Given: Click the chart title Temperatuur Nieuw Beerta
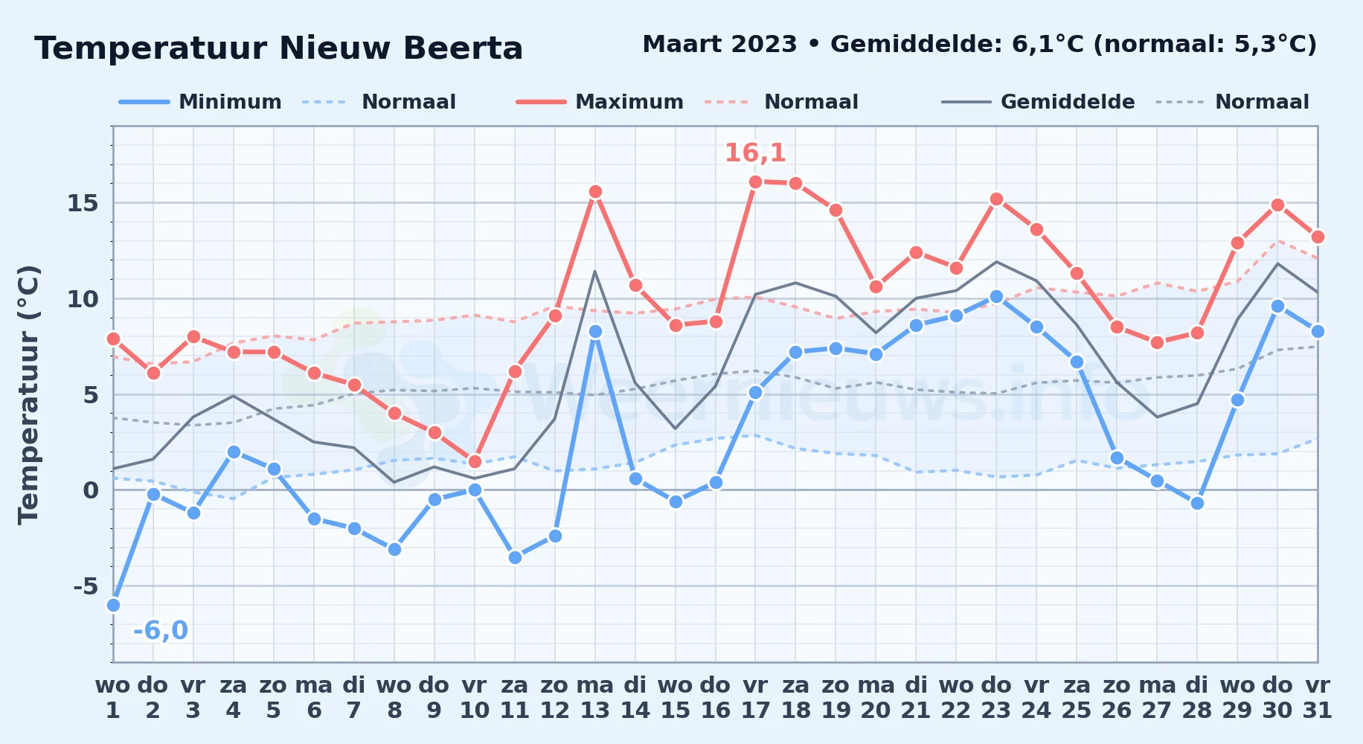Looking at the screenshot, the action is (279, 48).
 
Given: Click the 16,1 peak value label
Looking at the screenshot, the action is (755, 153).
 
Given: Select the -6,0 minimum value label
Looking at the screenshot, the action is (161, 630).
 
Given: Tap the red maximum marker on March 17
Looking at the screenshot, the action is (755, 182).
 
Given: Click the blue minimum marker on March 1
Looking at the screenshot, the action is (113, 605).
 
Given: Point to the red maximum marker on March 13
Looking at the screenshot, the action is (595, 191).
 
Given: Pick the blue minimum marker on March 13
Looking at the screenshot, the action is (595, 331).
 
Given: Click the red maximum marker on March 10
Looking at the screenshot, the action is (475, 461).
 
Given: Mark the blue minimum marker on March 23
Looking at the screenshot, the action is (996, 297).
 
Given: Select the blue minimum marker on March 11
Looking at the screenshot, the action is (515, 557).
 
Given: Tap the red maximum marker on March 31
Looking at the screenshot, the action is (1318, 237).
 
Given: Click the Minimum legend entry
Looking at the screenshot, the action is (201, 102).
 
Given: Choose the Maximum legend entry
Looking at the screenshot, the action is (600, 102).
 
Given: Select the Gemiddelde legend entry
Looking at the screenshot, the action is (1039, 102).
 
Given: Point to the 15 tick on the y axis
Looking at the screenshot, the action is (83, 203).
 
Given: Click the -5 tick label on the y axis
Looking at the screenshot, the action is (86, 586).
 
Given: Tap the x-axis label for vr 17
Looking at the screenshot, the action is (755, 697).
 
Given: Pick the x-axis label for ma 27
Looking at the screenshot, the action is (1157, 697).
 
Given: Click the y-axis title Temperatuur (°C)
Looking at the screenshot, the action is (29, 394).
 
